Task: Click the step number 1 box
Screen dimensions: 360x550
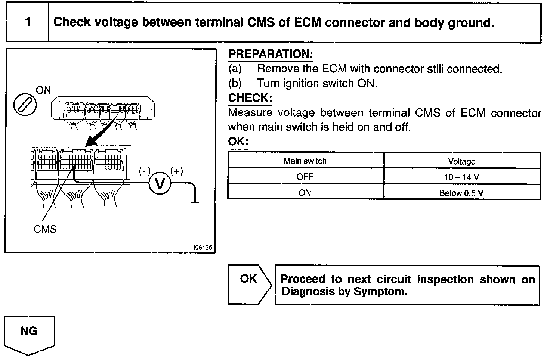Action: coord(28,22)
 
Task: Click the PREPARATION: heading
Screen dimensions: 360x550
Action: coord(271,54)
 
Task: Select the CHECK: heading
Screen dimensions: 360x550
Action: coord(250,98)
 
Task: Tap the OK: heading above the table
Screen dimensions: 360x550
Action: coord(238,142)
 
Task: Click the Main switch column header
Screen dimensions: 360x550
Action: coord(305,161)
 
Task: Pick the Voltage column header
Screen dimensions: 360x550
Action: coord(462,161)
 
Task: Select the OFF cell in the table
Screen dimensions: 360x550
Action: coord(305,177)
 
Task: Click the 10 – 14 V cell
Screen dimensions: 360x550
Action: coord(462,177)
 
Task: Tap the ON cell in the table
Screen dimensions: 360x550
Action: coord(305,193)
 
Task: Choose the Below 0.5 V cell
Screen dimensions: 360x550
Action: coord(462,193)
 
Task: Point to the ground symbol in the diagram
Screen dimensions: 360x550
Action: coord(194,204)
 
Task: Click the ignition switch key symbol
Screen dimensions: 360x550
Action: coord(25,103)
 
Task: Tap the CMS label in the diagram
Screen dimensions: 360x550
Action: coord(45,229)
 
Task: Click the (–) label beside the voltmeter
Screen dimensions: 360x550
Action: coord(144,171)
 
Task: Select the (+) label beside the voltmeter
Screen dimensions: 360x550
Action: coord(177,171)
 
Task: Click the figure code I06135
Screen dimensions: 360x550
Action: coord(203,248)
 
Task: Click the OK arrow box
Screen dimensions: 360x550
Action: coord(249,284)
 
